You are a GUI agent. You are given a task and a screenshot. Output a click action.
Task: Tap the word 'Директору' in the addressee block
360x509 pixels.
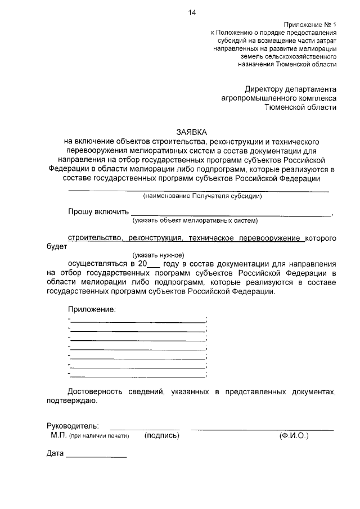coord(267,89)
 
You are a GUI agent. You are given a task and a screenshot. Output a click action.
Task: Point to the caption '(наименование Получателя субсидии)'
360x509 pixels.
coord(202,196)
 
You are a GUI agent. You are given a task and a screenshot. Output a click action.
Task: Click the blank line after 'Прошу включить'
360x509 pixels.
coord(231,214)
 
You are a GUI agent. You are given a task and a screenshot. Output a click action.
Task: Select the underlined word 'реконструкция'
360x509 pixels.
coord(153,238)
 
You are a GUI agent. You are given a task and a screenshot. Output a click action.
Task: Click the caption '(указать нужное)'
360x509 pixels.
coord(158,255)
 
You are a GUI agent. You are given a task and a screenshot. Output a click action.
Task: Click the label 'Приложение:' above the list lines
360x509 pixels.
coord(92,309)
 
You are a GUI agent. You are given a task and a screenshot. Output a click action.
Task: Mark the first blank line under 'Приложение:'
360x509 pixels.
coord(138,321)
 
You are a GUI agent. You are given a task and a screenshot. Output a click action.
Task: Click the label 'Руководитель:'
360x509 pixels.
coord(73,425)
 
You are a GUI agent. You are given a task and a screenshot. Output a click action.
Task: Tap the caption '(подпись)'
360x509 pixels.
coord(162,435)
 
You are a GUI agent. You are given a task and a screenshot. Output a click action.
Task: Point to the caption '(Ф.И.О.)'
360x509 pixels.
coord(294,435)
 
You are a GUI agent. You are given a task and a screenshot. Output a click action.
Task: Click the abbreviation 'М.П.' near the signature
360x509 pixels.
coord(58,435)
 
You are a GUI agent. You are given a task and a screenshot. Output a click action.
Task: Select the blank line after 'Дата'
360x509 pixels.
coord(96,456)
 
